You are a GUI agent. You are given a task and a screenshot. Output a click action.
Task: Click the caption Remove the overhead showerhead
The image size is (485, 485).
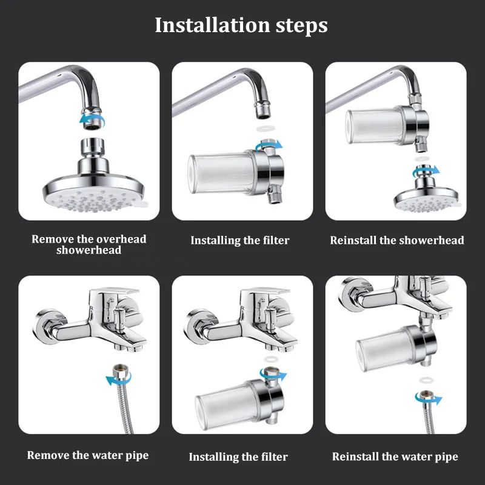[89, 244]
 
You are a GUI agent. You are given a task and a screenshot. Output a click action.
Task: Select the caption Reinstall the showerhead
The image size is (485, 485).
[396, 240]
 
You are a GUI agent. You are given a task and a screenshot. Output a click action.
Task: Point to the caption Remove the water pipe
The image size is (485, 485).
[88, 455]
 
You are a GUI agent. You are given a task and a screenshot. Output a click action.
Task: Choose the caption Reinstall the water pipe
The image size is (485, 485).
[395, 456]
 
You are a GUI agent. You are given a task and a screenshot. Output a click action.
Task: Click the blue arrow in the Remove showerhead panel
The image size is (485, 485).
[87, 121]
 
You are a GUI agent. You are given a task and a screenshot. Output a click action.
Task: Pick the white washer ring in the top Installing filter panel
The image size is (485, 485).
[263, 129]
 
